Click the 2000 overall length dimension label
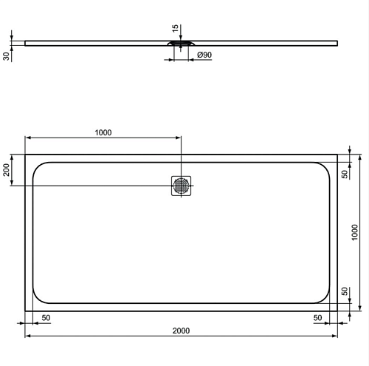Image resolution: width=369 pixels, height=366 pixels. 181,331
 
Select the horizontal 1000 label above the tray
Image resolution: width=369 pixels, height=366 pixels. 103,132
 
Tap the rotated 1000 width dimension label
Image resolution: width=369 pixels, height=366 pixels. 354,232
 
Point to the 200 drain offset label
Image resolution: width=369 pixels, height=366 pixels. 6,170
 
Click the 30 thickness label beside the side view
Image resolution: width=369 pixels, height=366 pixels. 6,56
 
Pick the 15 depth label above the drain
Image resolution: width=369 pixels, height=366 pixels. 175,28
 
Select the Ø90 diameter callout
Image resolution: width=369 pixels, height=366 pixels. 204,55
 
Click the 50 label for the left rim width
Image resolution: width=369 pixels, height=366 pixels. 46,318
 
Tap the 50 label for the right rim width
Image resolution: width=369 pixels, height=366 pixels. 317,318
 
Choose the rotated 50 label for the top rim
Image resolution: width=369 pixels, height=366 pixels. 345,174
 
